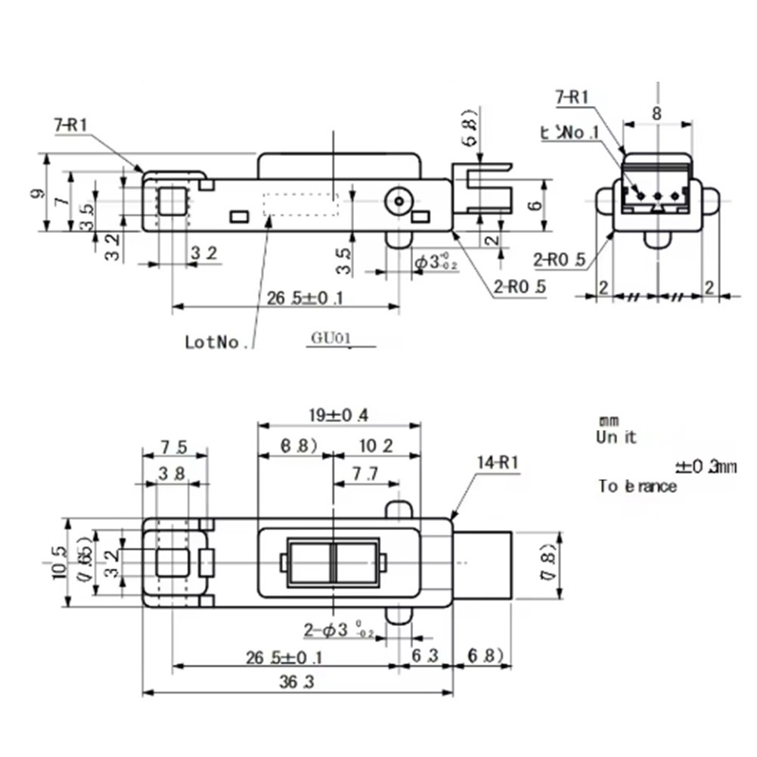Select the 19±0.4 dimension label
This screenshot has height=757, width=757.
tap(338, 414)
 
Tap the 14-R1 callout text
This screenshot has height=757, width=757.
tap(498, 462)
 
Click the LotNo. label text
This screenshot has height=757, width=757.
tap(217, 342)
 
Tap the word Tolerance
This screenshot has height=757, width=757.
tap(638, 486)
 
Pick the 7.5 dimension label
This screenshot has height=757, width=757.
tap(174, 447)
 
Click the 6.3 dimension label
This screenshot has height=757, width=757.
tap(423, 656)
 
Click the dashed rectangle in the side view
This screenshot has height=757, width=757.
tap(300, 205)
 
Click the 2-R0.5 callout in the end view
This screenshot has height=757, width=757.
tap(559, 260)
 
